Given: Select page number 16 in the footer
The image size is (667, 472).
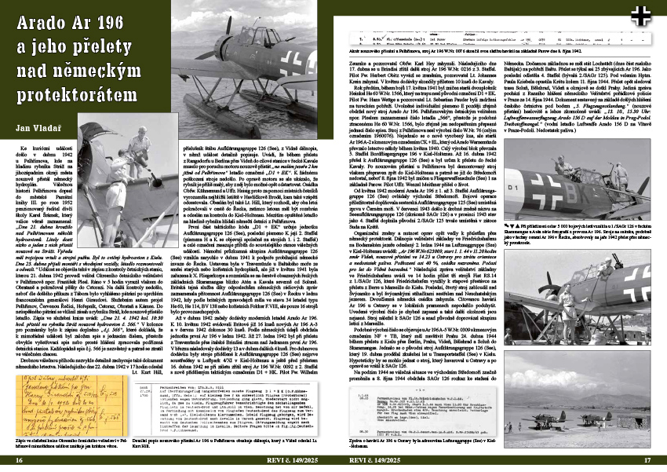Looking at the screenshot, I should [x=17, y=461].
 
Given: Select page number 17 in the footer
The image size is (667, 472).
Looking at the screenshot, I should [x=647, y=461].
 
